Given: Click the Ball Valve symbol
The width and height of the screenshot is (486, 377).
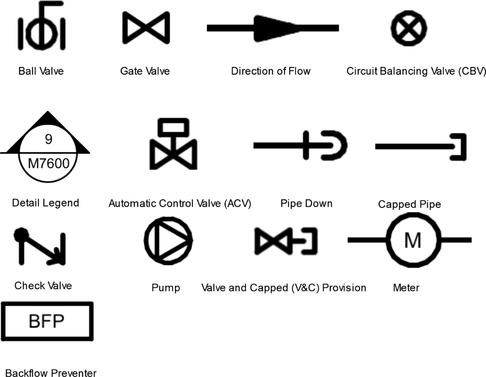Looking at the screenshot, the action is click(x=41, y=28).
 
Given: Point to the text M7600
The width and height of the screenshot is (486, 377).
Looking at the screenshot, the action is click(x=48, y=164).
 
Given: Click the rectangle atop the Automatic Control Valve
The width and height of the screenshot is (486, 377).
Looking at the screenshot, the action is click(x=173, y=127).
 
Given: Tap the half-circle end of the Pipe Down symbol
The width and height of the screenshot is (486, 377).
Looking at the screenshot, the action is click(x=336, y=144).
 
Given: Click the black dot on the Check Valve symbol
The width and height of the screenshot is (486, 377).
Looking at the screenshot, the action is click(x=21, y=234).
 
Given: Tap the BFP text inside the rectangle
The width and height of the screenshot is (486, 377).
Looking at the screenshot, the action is click(x=47, y=322).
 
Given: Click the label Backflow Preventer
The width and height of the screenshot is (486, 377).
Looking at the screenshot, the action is click(x=51, y=373).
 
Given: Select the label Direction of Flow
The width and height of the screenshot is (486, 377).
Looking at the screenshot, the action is click(x=271, y=72).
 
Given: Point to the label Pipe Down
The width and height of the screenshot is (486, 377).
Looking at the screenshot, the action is click(x=306, y=203).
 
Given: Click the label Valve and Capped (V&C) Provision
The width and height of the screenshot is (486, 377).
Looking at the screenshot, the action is click(x=283, y=288).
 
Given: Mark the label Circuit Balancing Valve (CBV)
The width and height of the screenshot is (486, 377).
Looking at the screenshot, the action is click(x=416, y=72).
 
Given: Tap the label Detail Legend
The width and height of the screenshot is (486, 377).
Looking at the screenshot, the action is click(x=45, y=202).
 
